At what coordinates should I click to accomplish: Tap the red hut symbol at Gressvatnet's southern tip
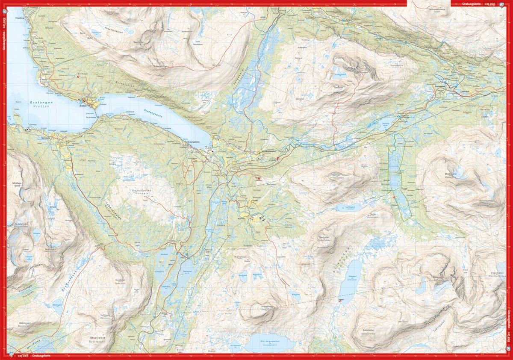tap(340, 300)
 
